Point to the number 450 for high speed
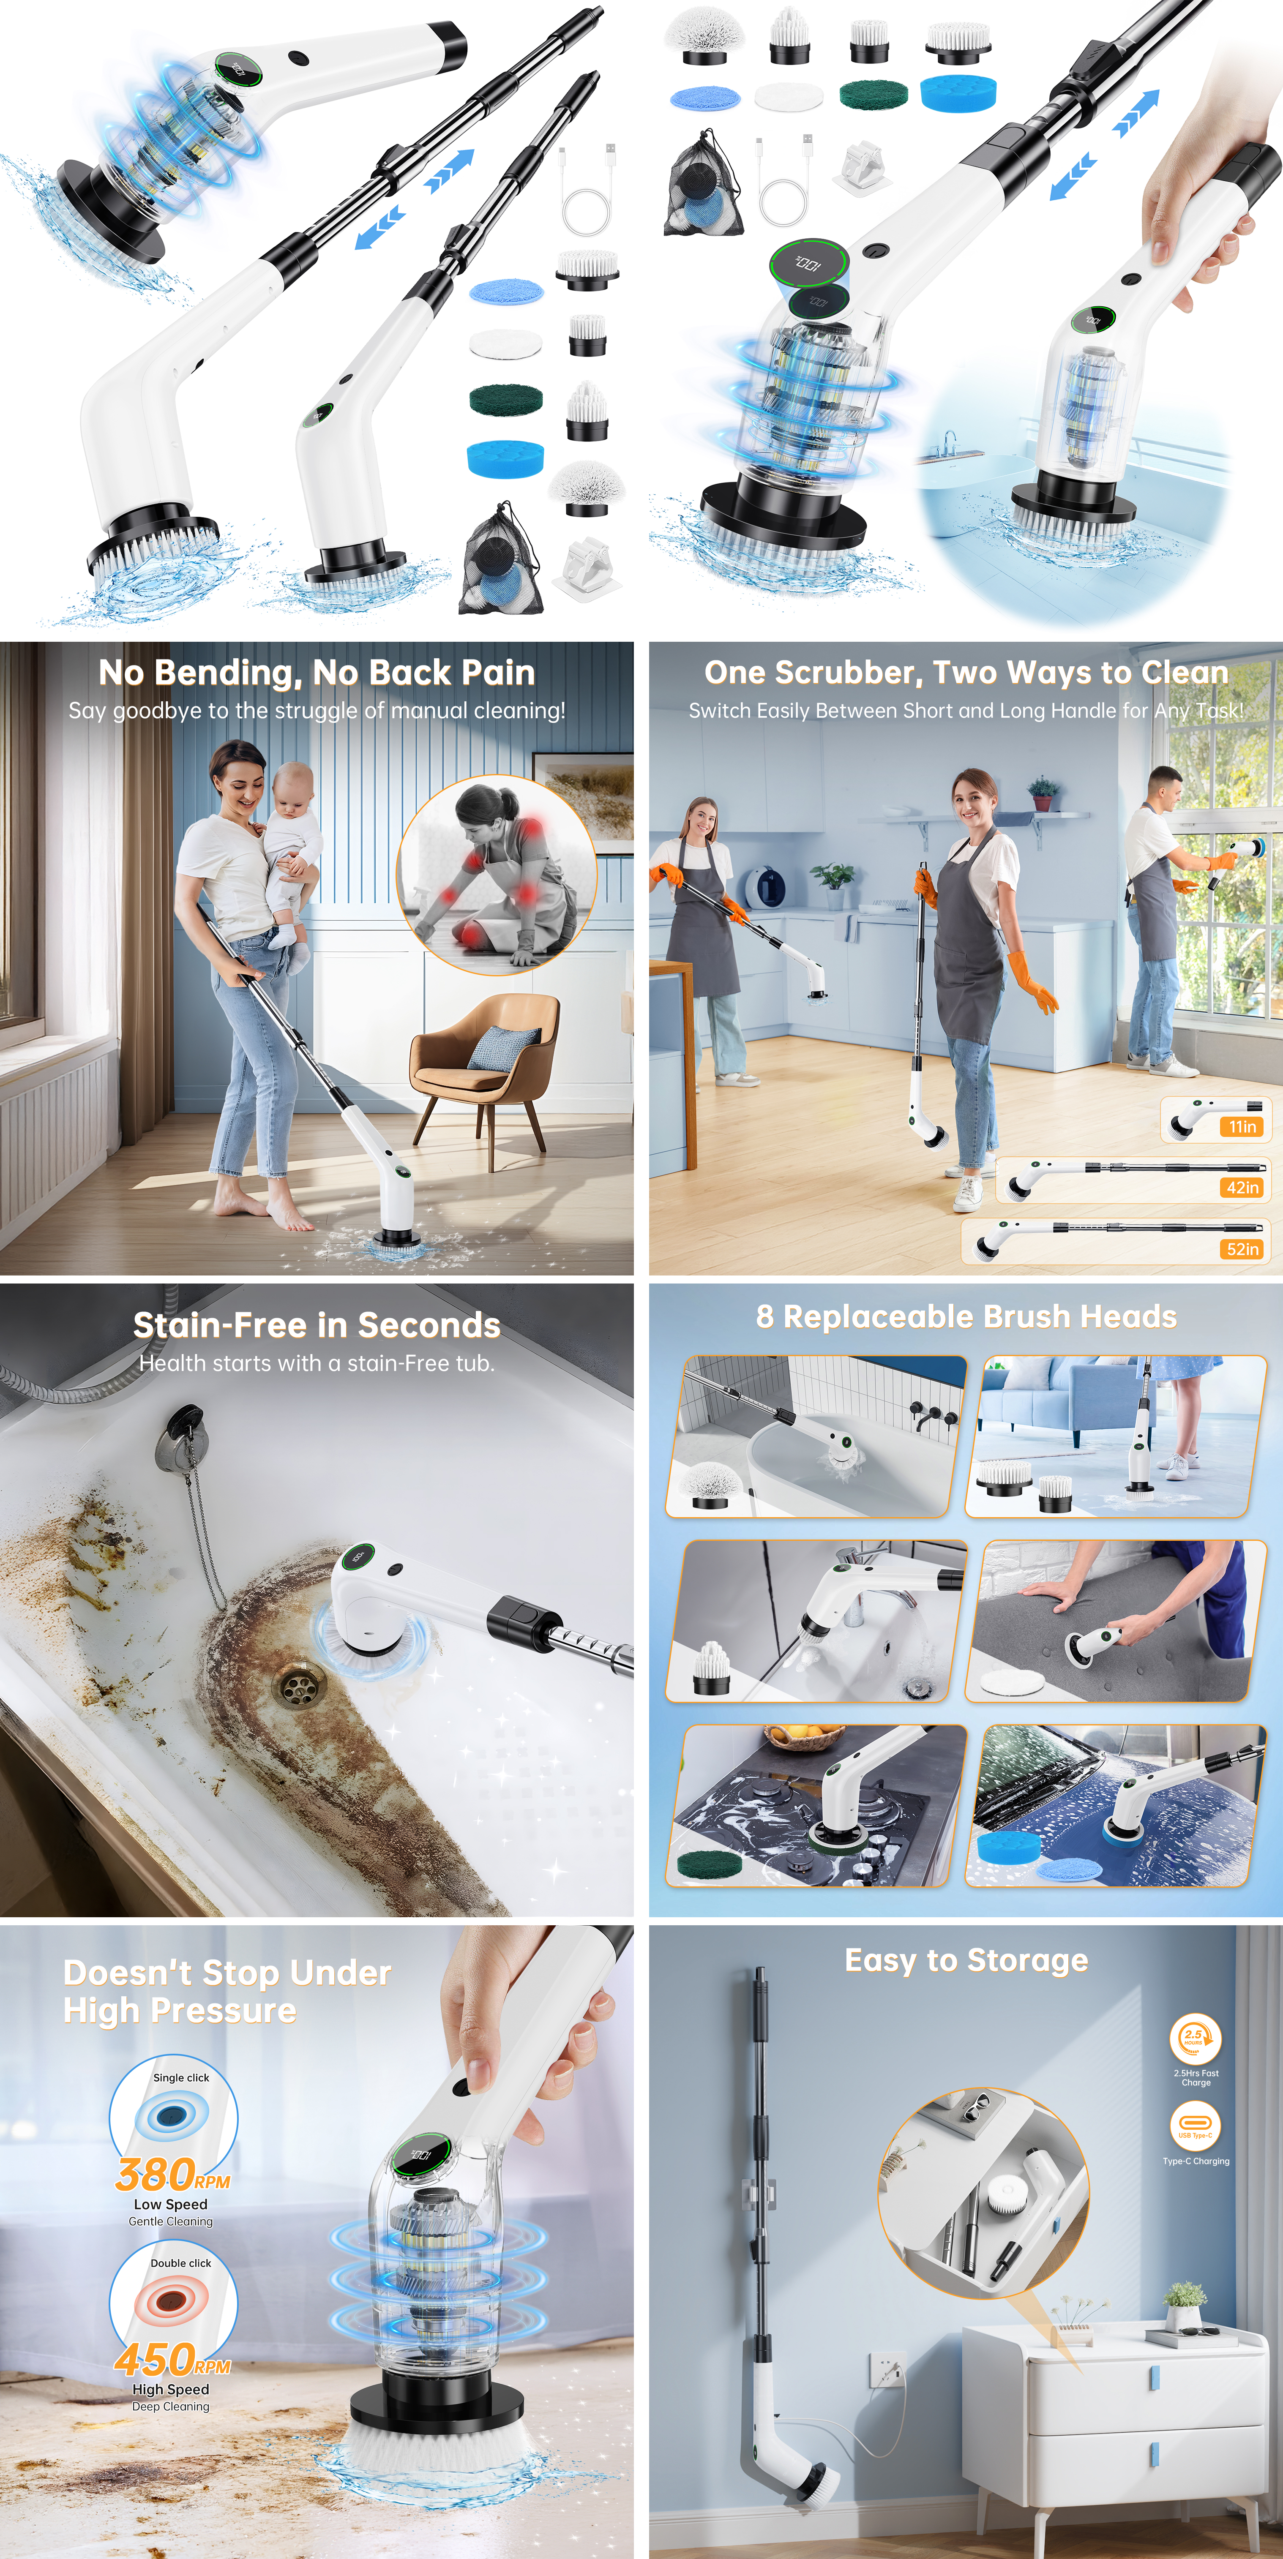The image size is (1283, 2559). (x=154, y=2359)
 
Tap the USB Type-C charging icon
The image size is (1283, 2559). (x=1195, y=2126)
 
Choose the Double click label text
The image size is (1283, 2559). (x=181, y=2263)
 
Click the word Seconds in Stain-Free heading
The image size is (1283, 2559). (x=429, y=1325)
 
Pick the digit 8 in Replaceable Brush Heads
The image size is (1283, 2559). (x=764, y=1317)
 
